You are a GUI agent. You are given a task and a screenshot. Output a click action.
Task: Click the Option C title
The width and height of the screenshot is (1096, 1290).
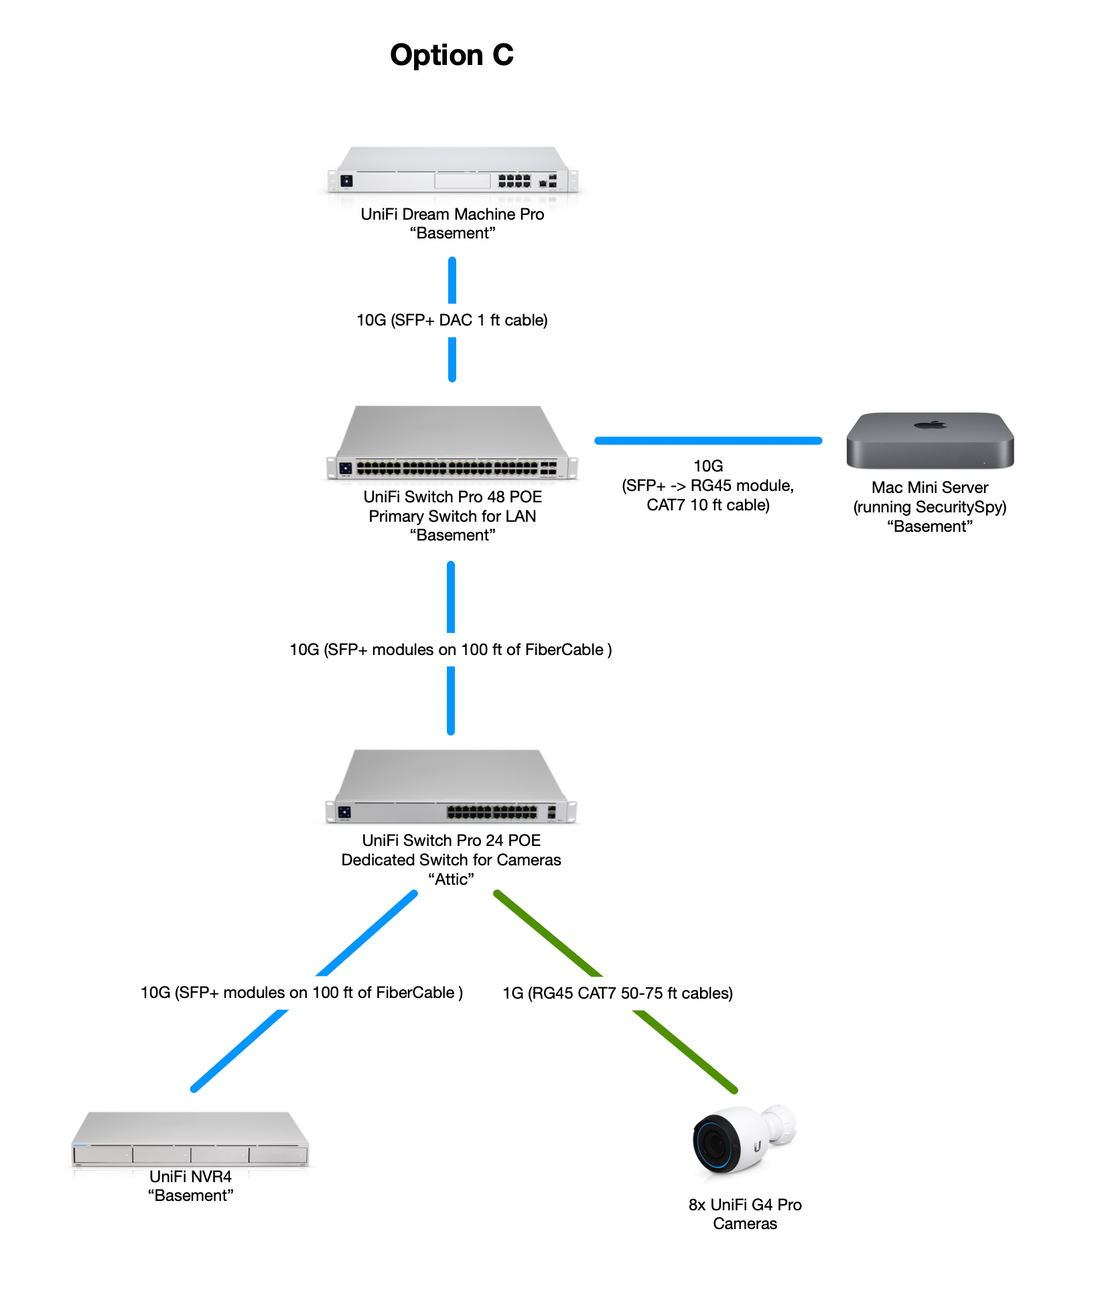(x=452, y=55)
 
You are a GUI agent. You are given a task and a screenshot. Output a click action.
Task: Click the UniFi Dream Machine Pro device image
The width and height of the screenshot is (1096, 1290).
(x=452, y=171)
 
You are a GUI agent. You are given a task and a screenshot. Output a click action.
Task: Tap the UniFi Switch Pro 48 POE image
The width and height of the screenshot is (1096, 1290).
(x=452, y=443)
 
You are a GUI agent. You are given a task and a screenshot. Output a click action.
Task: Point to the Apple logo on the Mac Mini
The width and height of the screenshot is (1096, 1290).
(x=931, y=424)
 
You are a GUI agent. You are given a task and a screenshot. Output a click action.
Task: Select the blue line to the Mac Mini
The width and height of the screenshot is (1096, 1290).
(x=708, y=441)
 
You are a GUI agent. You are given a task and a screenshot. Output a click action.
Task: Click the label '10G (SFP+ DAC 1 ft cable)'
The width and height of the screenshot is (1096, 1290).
(x=452, y=320)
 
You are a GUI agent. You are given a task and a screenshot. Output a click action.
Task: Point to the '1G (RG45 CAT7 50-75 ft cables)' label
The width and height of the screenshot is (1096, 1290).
(x=618, y=993)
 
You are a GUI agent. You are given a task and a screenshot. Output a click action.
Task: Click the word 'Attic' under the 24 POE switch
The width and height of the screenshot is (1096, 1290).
(x=451, y=879)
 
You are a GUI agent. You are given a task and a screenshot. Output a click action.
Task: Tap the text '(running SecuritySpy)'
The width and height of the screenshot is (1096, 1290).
(x=930, y=507)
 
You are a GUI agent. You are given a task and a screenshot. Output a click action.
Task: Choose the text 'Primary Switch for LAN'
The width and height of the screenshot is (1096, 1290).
(x=452, y=516)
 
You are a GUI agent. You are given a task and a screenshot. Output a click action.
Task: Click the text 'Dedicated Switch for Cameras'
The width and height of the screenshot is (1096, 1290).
(x=451, y=860)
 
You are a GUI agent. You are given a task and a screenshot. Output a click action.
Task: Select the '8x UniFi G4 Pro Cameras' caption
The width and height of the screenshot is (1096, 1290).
(x=745, y=1214)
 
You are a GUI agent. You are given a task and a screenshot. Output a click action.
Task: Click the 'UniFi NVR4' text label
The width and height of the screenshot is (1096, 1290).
(x=190, y=1177)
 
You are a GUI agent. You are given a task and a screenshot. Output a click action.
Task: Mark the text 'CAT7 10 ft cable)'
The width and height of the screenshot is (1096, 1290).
(x=708, y=505)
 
